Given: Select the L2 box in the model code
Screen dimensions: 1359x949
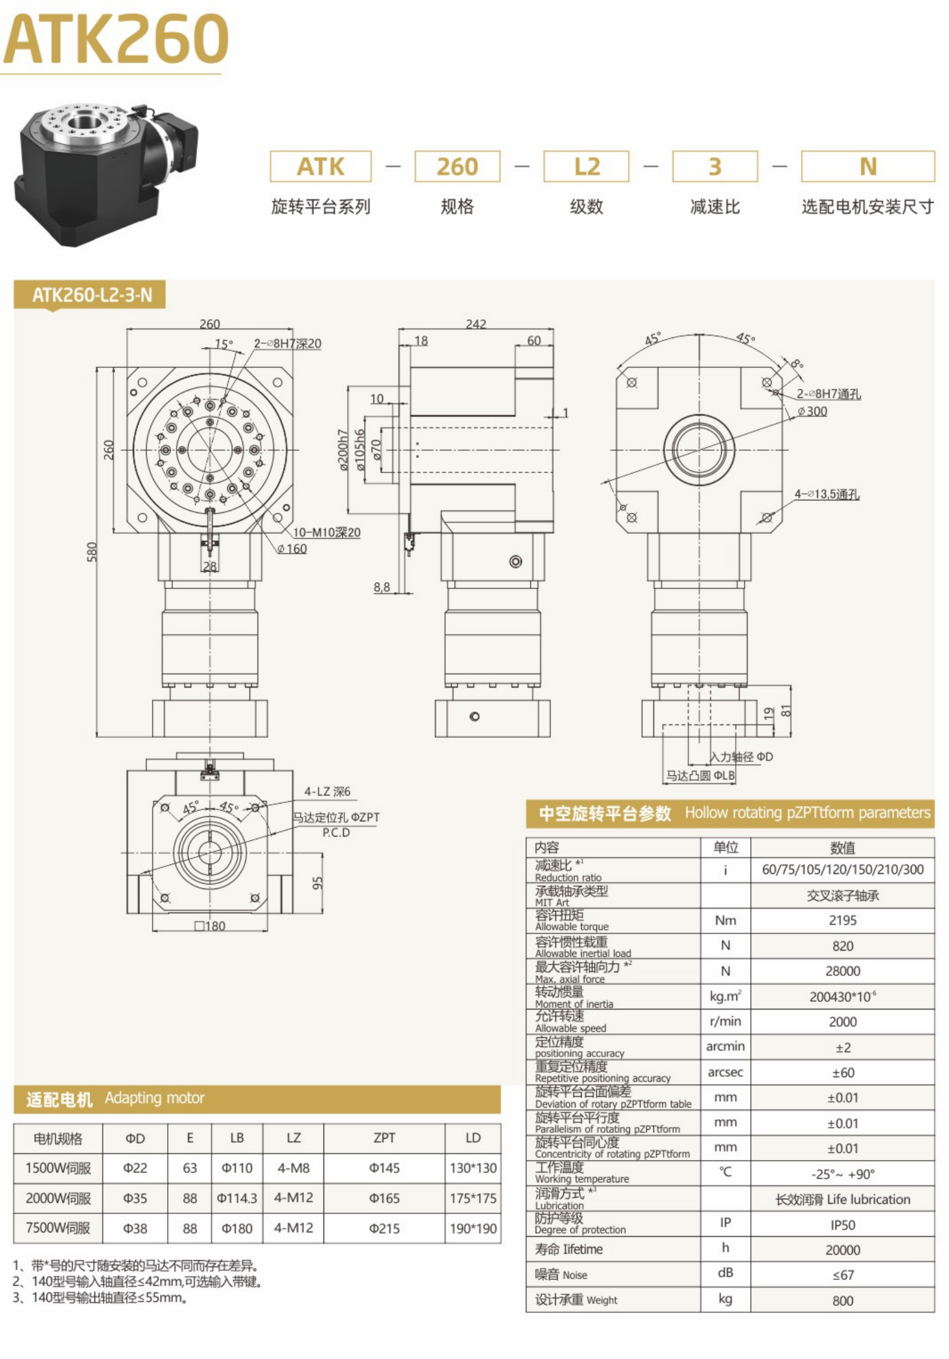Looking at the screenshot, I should coord(586,167).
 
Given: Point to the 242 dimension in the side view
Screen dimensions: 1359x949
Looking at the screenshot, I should coord(475,324).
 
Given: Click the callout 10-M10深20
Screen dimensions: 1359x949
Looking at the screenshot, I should coord(326,533).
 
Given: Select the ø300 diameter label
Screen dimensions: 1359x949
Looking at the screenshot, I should coord(812,412).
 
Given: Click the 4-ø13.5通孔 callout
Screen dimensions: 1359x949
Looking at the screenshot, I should coord(827,494).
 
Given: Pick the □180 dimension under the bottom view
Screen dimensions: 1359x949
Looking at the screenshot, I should coord(210,926).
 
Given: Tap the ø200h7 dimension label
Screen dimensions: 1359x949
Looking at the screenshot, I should coord(343,450).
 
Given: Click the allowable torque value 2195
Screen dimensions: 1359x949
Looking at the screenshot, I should coord(842,920).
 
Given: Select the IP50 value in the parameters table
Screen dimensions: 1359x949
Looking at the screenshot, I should coord(842,1225).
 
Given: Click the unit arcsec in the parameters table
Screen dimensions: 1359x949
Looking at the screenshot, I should coord(725,1072).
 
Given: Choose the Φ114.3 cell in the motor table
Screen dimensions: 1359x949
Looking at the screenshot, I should coord(237,1198).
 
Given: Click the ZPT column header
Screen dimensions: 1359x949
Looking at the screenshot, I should coord(384,1138).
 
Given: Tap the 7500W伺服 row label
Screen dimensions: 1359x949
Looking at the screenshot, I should coord(58,1228).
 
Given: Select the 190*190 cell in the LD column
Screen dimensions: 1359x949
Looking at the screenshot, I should coord(473,1229).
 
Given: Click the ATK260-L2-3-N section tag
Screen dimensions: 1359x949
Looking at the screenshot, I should coord(92,295).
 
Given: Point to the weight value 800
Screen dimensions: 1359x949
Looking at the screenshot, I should coord(842,1301).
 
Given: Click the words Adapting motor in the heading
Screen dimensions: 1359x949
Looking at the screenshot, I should coord(154,1097).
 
